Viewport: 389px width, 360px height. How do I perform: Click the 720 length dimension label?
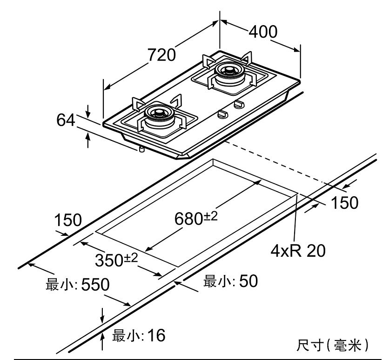coord(162,55)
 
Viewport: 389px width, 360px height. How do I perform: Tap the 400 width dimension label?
coord(263,32)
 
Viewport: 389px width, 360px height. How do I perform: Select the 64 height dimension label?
coord(66,120)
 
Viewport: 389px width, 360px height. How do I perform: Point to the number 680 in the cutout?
coord(188,219)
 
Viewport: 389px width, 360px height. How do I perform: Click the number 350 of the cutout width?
coord(108,261)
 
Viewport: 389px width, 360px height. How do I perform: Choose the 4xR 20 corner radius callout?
coord(298,251)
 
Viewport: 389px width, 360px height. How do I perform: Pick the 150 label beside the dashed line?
coord(345,203)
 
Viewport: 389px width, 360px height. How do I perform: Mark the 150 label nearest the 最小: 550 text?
coord(67,220)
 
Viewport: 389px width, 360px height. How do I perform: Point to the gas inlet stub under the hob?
coord(140,149)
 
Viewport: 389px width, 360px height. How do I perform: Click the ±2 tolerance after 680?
coord(211,215)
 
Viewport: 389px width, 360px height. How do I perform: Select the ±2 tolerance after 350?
coord(131,257)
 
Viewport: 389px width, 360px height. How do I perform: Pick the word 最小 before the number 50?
coord(216,281)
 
